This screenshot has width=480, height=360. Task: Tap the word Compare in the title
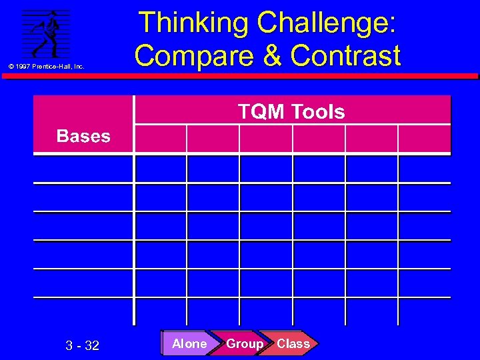tap(185, 56)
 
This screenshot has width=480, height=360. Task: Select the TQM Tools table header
tap(292, 111)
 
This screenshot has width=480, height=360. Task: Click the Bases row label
tap(83, 137)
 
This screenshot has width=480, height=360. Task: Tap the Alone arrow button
tap(189, 344)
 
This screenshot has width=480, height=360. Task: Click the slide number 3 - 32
tap(83, 345)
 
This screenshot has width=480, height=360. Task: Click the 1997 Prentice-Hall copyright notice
tap(45, 67)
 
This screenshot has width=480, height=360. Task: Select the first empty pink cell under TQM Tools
tap(161, 139)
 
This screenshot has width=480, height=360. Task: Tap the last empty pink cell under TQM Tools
tap(424, 139)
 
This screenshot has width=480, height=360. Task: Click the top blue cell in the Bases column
tap(83, 169)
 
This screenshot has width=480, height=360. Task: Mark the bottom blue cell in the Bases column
tap(83, 311)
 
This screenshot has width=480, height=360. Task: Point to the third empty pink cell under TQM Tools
tap(266, 139)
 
